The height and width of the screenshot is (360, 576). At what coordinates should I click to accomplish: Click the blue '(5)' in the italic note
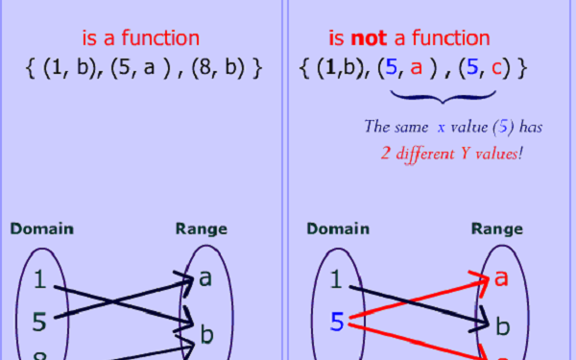click(486, 126)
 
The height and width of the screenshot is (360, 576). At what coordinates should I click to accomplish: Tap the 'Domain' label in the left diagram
click(42, 228)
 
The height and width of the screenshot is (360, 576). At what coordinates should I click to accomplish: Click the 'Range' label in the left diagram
click(201, 228)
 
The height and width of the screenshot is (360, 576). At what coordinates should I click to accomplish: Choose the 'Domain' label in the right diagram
click(338, 228)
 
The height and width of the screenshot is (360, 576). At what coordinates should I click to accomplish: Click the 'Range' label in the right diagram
click(496, 228)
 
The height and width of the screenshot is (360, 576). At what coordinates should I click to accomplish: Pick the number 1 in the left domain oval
click(39, 280)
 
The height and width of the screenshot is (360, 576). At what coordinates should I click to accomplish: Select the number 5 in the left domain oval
click(39, 318)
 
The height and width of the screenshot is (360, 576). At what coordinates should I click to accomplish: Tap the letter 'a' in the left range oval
click(205, 279)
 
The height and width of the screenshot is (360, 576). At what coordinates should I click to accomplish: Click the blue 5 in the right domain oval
click(335, 324)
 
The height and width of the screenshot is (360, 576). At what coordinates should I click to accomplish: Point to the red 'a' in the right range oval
click(500, 279)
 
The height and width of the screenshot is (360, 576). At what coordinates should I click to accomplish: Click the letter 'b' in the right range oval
click(501, 326)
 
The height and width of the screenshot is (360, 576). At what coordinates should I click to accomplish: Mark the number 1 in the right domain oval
click(335, 280)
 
